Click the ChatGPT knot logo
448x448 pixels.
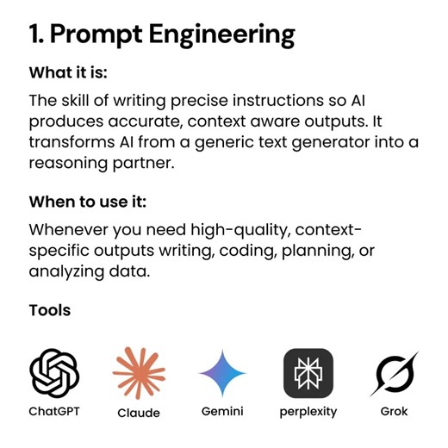[x=54, y=373]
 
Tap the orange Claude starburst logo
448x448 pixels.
[x=139, y=373]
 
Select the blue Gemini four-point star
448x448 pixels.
[x=222, y=373]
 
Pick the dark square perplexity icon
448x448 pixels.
[x=308, y=373]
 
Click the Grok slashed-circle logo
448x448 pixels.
[x=395, y=373]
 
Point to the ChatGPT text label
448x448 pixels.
[x=54, y=412]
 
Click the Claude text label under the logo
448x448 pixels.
[x=139, y=413]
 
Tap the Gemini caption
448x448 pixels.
[x=222, y=412]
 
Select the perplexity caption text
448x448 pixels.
[x=308, y=412]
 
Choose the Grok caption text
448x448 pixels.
[x=395, y=412]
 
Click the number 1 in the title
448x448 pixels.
[x=34, y=35]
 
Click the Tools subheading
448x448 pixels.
[x=50, y=310]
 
